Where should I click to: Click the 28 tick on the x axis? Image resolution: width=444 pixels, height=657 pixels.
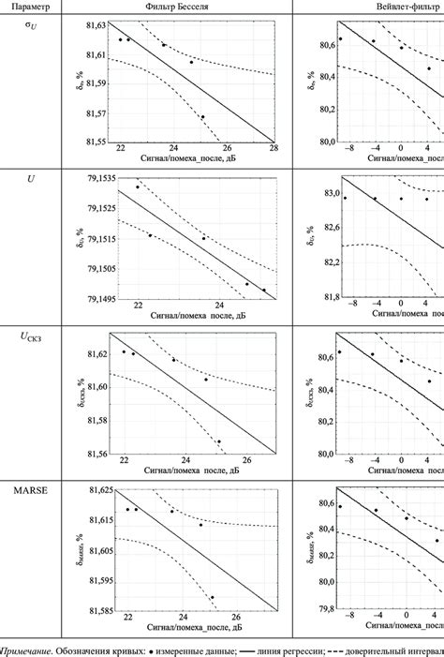tap(274, 150)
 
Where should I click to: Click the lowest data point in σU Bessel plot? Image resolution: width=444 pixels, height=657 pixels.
tap(202, 117)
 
